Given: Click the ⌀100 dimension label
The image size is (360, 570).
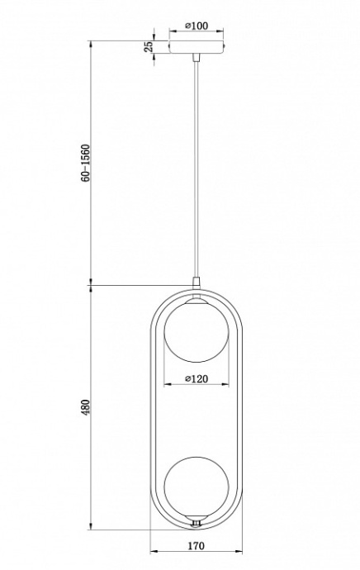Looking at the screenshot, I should [x=196, y=26].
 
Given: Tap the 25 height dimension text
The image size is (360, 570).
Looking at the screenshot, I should [x=149, y=47].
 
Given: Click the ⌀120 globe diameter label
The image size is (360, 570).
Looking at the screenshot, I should [x=196, y=379].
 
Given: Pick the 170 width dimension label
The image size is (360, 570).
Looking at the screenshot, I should [x=196, y=546].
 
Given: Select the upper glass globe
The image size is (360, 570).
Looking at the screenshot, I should [x=196, y=335].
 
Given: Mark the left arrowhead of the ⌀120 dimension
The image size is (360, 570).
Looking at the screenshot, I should [x=166, y=386].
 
